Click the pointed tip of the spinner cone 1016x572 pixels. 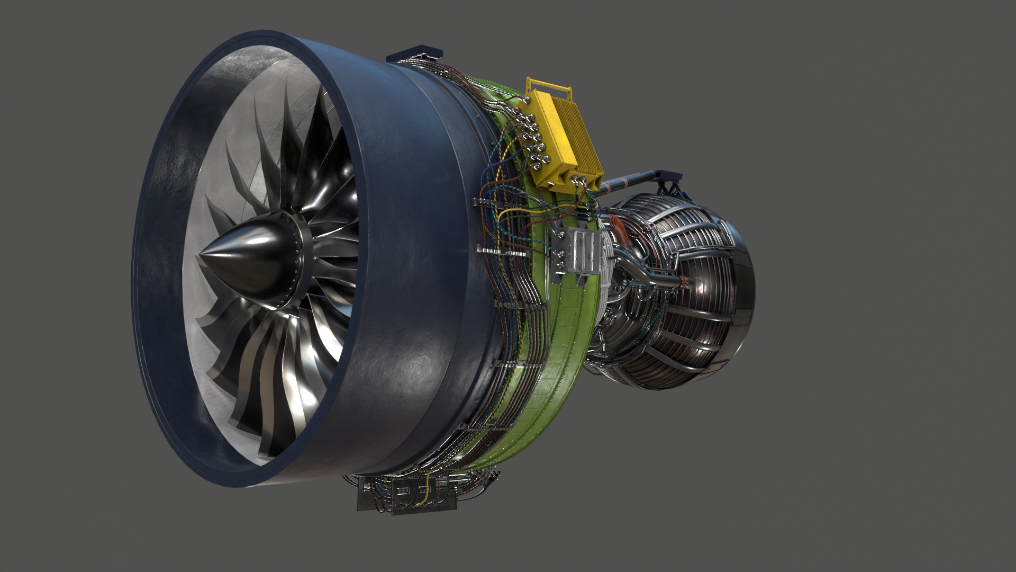coord(202,255)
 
